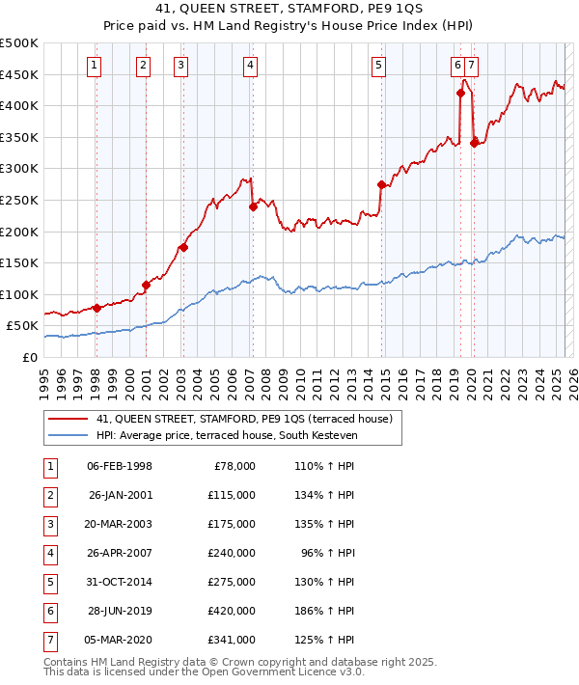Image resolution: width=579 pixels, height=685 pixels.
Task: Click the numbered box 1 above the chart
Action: point(95,66)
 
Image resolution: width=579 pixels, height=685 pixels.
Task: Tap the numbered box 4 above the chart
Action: point(250,66)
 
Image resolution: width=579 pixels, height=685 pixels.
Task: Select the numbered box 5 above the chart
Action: point(377,66)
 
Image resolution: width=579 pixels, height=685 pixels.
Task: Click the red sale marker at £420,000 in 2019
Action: point(460,94)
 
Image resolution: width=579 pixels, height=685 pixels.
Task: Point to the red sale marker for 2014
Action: point(382,184)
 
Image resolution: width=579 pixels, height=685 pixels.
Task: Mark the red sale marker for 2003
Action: point(183,247)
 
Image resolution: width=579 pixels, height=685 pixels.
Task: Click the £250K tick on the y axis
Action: point(19,200)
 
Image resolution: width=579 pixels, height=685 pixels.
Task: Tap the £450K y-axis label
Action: point(19,74)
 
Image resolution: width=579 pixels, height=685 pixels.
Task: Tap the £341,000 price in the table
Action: point(232,640)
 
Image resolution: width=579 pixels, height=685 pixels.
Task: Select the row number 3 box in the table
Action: point(50,524)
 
